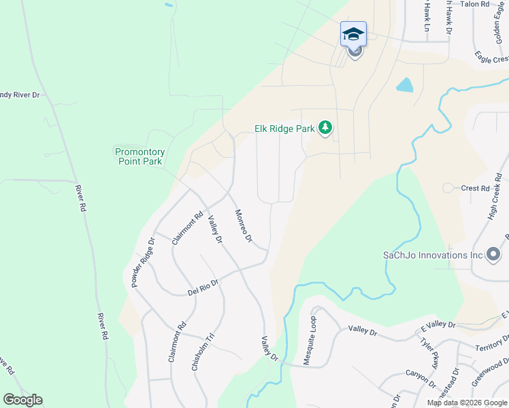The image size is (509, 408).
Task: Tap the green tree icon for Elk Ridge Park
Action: click(x=326, y=127)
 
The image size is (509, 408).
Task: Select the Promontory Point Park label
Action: click(x=139, y=156)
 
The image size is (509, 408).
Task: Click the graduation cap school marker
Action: click(x=353, y=34)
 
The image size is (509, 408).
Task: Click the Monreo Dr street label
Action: click(x=244, y=226)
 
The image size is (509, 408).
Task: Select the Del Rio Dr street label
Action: click(x=203, y=288)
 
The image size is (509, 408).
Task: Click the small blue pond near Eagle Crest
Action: click(x=405, y=84)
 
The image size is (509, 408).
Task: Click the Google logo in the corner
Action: click(x=22, y=400)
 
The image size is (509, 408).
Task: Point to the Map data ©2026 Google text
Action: click(x=466, y=403)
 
